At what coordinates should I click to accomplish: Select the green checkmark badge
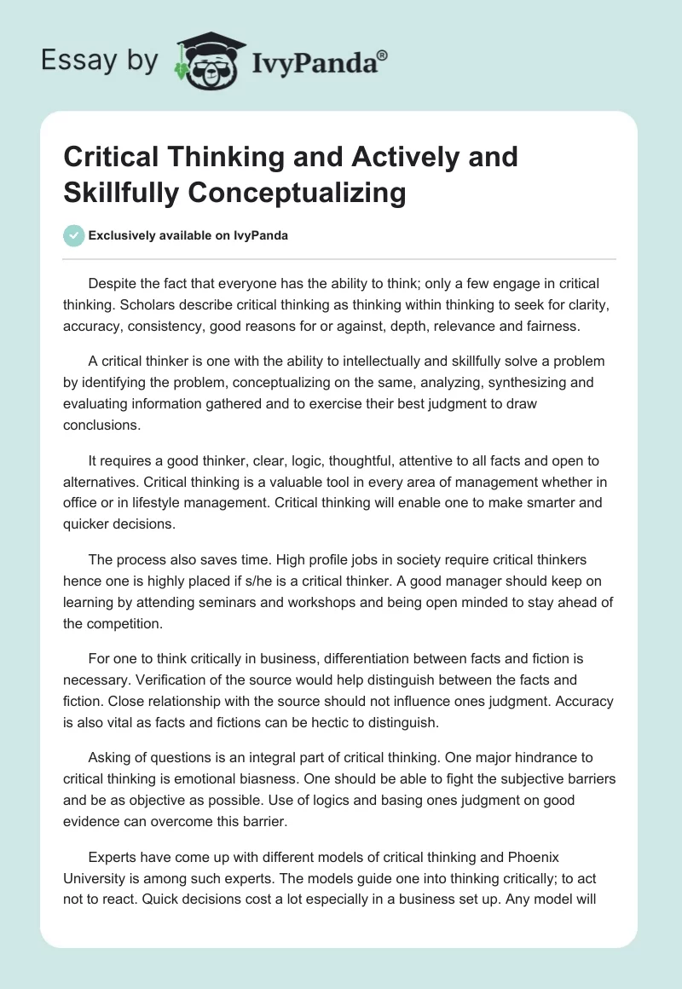[x=74, y=235]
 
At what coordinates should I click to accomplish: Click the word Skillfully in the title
[x=119, y=194]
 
